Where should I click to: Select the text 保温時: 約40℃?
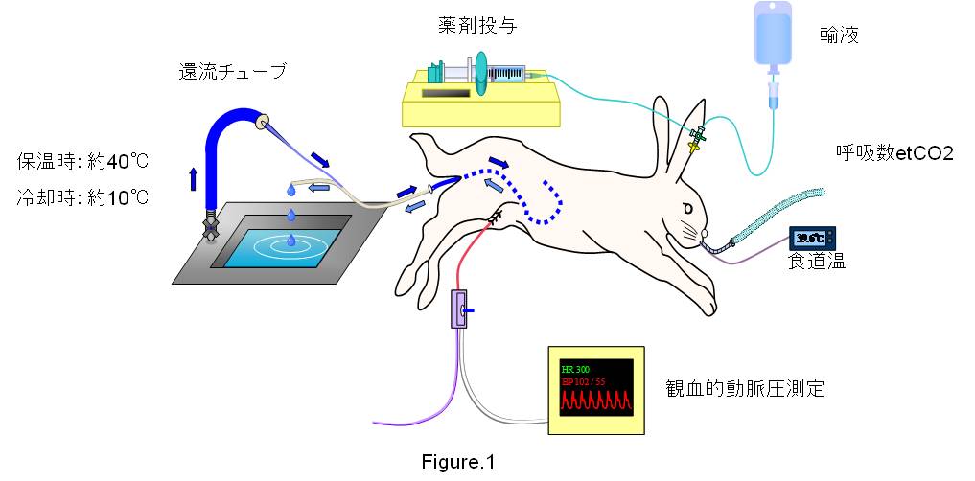[x=83, y=161]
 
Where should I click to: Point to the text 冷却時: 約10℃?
[x=83, y=198]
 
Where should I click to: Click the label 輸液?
[x=839, y=36]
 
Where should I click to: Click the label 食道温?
[x=817, y=262]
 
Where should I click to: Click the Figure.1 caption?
[x=458, y=462]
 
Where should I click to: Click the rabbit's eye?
[x=687, y=207]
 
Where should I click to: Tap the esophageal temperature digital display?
[x=811, y=238]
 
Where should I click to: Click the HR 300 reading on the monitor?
[x=578, y=369]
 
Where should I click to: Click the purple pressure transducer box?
[x=458, y=310]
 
